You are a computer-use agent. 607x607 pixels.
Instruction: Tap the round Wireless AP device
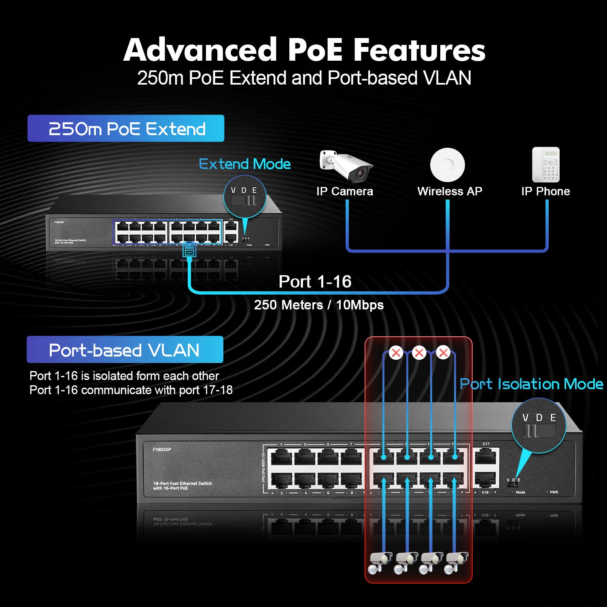[447, 165]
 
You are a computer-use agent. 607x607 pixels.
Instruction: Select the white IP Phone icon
[545, 165]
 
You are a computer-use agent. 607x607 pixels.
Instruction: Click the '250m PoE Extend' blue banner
[126, 129]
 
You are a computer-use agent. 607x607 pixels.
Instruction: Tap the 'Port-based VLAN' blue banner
[125, 350]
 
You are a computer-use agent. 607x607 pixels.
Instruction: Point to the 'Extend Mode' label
[245, 164]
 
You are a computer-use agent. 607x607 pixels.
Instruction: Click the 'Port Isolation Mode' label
[531, 384]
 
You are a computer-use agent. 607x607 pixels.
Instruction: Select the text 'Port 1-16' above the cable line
[315, 282]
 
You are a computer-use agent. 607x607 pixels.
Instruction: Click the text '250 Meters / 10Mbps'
[318, 305]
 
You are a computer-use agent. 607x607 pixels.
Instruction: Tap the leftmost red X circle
[396, 352]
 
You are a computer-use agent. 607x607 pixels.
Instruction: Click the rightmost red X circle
[444, 352]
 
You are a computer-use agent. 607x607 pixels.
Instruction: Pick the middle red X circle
[419, 352]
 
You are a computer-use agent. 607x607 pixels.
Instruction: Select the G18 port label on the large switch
[485, 492]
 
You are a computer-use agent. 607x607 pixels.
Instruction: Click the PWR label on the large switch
[554, 492]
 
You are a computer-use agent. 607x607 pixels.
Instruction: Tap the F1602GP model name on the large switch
[162, 450]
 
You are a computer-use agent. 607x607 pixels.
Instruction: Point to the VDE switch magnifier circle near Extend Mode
[244, 196]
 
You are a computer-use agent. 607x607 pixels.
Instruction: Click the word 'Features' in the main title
[419, 50]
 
